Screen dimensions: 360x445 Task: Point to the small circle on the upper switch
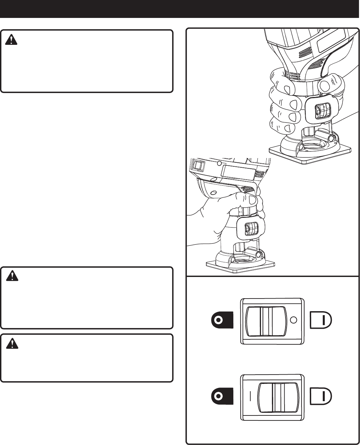click(293, 320)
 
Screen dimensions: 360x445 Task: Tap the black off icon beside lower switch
click(222, 397)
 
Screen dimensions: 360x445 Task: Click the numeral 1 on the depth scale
click(240, 212)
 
